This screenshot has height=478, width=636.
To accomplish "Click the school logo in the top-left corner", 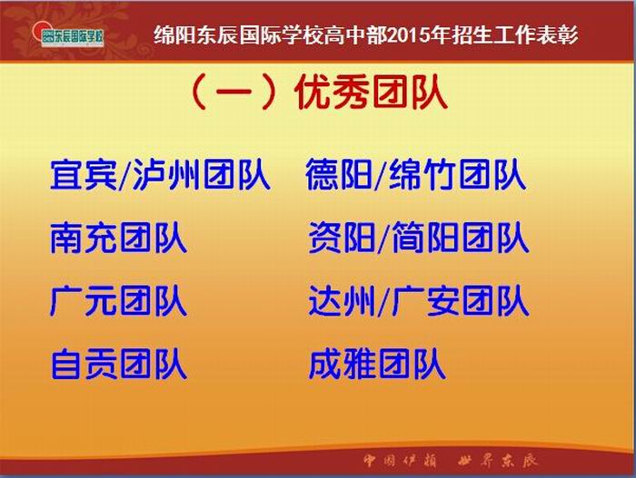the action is point(69,35).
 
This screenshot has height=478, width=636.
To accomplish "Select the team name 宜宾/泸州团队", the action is point(160,174).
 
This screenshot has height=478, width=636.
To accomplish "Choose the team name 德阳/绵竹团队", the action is point(416,174).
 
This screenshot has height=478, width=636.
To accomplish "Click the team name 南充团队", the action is point(118,238).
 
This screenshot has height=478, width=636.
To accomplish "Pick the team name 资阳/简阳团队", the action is point(419,238).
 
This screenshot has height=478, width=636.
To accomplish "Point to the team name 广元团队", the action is point(118,301).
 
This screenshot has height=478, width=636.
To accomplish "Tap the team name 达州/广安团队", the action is point(419,301).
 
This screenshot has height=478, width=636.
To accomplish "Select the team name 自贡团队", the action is point(118,365).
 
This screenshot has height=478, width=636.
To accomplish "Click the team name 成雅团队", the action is point(377,365).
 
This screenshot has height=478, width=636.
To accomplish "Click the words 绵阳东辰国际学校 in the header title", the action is point(238,35).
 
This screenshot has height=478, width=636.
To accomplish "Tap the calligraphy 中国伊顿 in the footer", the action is point(400,461).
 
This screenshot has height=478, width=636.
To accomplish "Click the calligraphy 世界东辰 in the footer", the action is point(498,461).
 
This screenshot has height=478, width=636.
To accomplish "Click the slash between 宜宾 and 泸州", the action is point(125,176).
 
